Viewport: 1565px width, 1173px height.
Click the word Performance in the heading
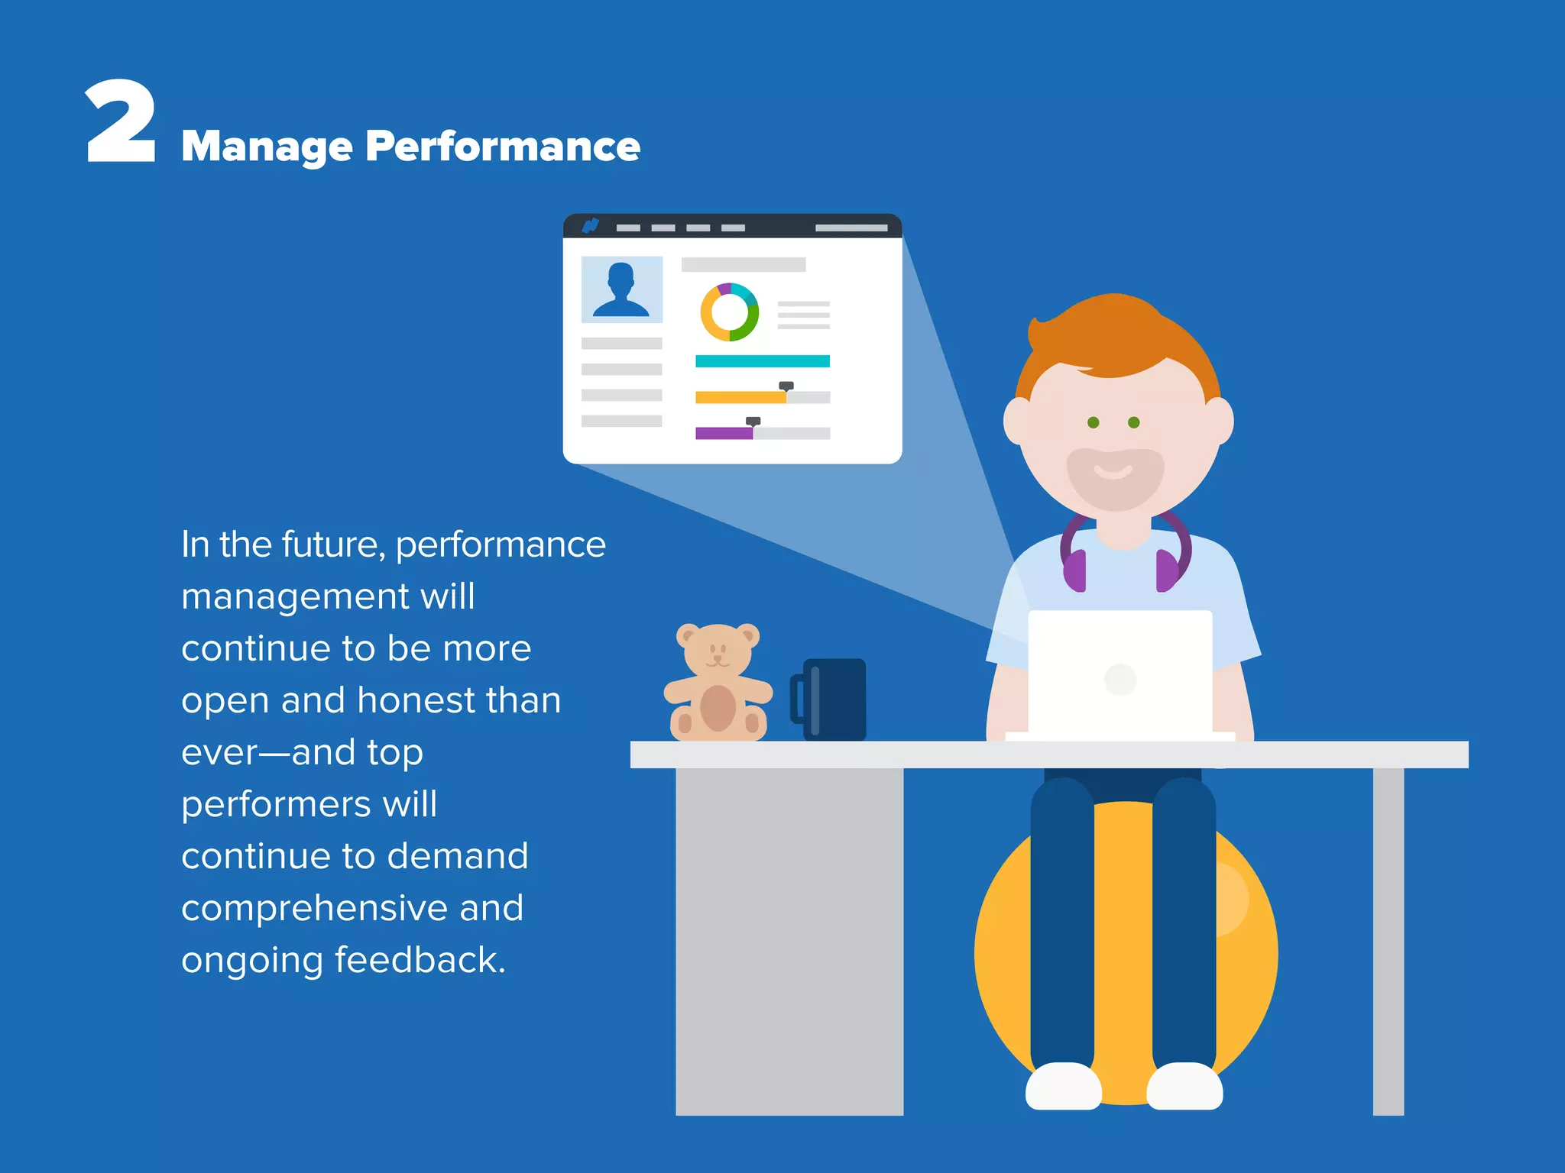point(502,146)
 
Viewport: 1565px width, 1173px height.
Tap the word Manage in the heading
point(267,147)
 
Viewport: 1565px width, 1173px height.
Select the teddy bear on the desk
point(718,683)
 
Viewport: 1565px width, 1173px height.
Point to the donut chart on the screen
point(730,312)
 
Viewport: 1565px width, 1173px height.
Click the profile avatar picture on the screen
point(621,289)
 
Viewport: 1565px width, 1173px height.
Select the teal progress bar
point(762,361)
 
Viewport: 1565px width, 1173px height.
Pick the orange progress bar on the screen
point(740,397)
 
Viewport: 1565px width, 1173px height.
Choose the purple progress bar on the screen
point(723,433)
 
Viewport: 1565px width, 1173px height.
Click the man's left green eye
point(1094,422)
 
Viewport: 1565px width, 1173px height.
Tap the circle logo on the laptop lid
point(1120,679)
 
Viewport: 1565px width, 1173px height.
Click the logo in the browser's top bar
point(590,226)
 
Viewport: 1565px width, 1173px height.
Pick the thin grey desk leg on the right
point(1388,939)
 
